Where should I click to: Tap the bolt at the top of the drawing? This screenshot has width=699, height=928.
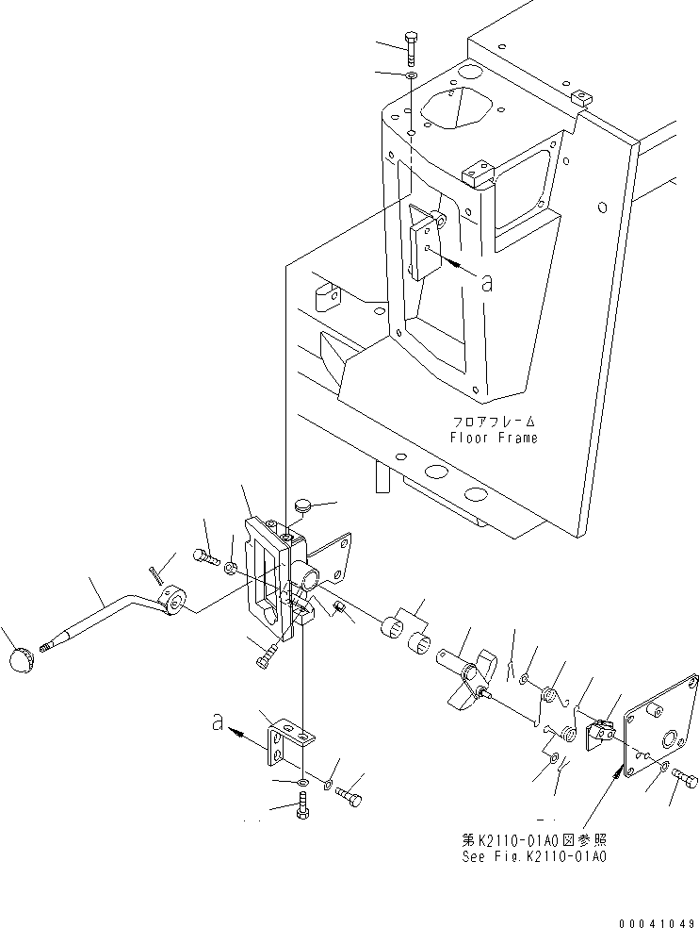point(413,46)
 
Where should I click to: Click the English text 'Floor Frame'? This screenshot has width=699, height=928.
point(494,439)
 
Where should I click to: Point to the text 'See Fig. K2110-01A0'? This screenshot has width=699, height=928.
point(533,857)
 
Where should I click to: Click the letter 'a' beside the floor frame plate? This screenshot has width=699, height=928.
point(486,282)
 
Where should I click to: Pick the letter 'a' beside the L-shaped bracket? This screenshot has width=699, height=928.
point(219,723)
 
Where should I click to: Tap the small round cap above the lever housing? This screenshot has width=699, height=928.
point(301,508)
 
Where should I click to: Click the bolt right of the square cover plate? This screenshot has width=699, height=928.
point(685,780)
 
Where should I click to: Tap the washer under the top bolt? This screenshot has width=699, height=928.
point(413,75)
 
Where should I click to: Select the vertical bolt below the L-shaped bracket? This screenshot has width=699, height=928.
point(302,806)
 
